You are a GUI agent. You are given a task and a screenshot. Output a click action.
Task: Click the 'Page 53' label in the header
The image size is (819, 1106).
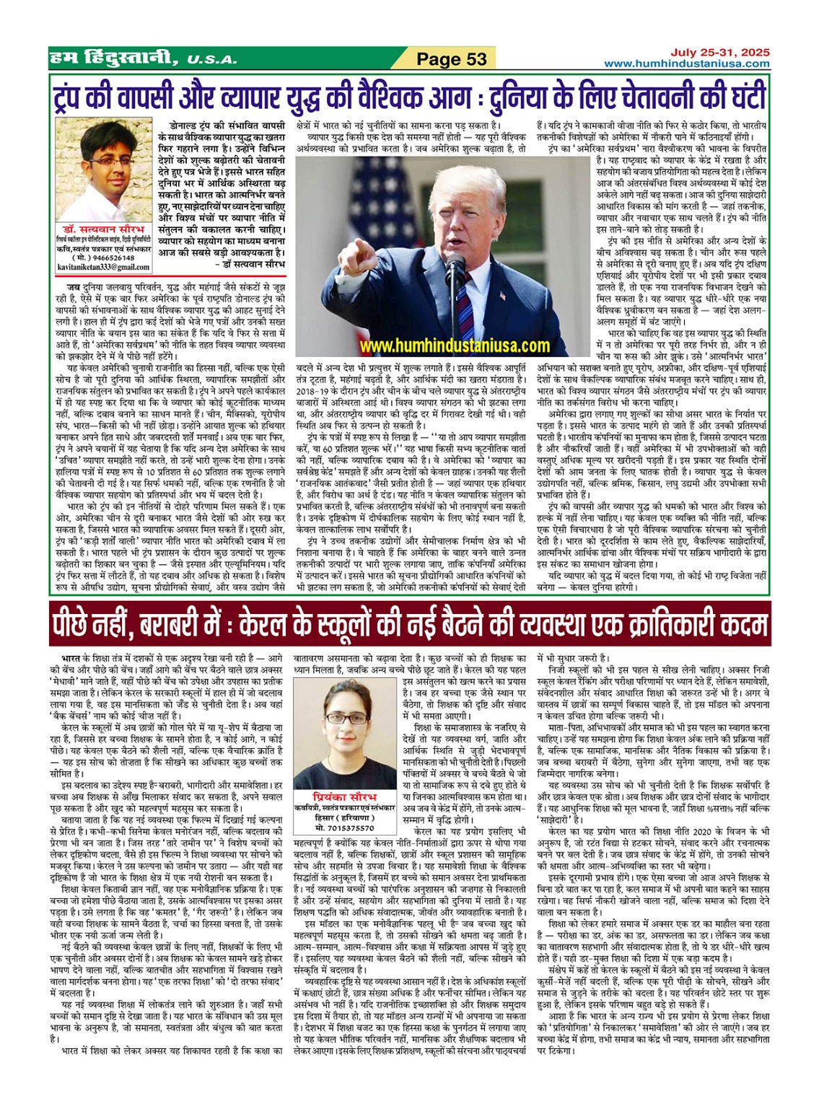pos(452,59)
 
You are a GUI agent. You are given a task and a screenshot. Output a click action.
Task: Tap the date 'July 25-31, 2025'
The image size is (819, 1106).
pos(719,52)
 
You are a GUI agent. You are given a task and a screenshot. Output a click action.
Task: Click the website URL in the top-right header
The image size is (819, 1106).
pos(686,63)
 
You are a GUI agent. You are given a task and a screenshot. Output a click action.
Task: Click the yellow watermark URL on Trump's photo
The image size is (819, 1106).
pos(455,346)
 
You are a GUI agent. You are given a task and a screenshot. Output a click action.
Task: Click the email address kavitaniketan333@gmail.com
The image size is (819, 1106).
pos(102,266)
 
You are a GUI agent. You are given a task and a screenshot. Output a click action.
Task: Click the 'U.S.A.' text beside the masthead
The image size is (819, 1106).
pos(211,60)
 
